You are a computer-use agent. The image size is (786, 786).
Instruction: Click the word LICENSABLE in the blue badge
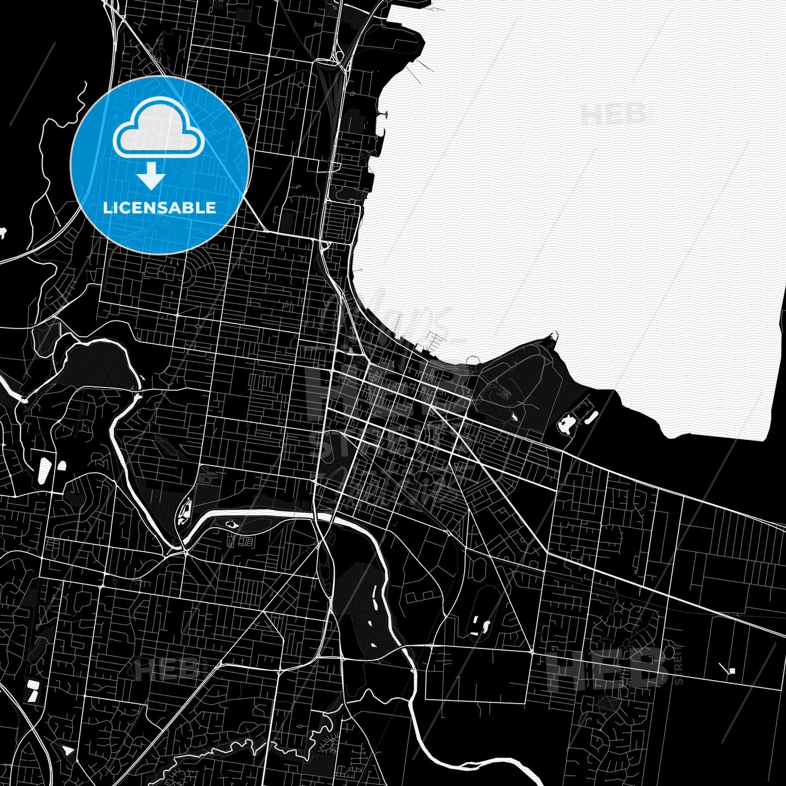[x=159, y=208]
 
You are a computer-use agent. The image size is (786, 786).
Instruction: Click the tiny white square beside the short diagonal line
[x=733, y=671]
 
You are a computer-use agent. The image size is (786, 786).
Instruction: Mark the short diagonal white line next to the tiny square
[x=724, y=666]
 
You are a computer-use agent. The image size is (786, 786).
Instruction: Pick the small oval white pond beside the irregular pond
[x=591, y=418]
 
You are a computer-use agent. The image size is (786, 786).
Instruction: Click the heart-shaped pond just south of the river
[x=234, y=525]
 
